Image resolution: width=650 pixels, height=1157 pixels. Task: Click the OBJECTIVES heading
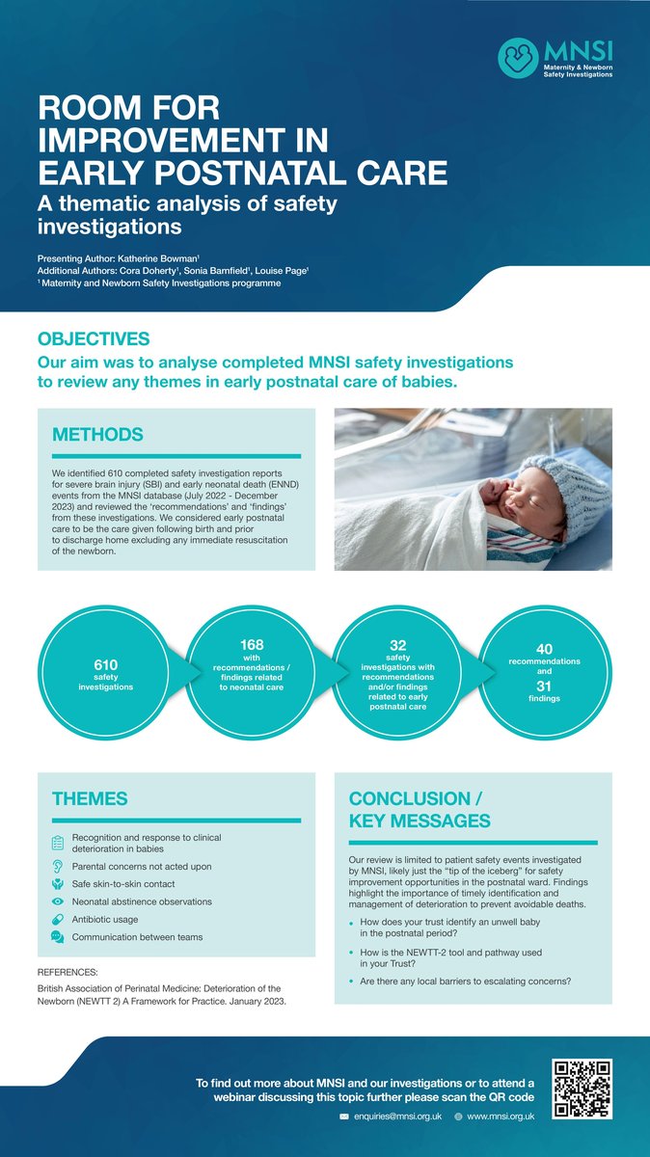point(94,339)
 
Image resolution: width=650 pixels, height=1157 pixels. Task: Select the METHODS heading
point(97,435)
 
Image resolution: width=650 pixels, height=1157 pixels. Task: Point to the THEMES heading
point(90,798)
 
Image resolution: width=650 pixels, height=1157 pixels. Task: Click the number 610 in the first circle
point(106,664)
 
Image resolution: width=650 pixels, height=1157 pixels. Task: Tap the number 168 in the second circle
point(252,644)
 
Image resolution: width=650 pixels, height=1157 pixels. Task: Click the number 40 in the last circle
point(544,650)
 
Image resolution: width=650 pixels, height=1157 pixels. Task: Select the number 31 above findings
point(544,686)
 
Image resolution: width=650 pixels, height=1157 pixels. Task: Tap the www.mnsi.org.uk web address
point(501,1115)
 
